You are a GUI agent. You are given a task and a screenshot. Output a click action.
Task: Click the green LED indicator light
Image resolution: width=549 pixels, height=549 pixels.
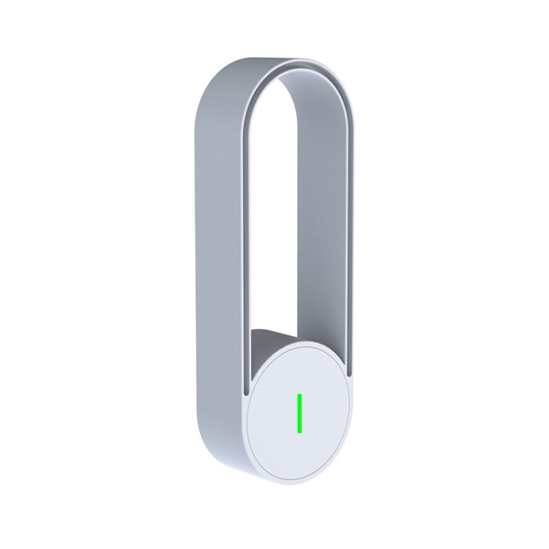tap(299, 413)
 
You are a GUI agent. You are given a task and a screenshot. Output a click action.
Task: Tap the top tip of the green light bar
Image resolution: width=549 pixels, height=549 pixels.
tap(299, 395)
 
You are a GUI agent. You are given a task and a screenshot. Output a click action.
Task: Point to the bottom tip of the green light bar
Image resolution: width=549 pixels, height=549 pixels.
tap(299, 431)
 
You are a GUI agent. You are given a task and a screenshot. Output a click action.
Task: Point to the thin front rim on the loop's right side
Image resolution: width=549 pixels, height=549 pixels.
tap(350, 256)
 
